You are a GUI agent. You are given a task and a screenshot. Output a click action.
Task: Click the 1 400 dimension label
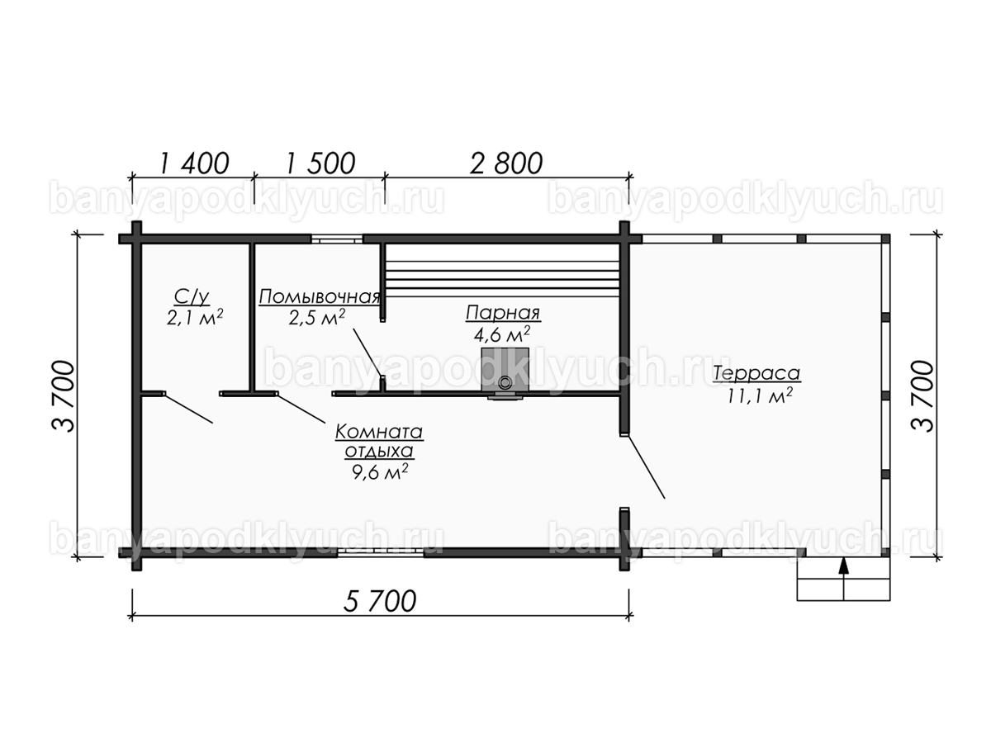194,163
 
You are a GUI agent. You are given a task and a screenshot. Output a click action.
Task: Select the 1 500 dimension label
320,163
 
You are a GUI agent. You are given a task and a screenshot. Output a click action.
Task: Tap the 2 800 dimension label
506,163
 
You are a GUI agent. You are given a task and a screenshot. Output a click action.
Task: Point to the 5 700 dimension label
380,601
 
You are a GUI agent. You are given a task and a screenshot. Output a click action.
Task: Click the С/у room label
192,297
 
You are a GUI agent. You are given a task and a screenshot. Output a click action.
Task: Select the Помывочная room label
320,297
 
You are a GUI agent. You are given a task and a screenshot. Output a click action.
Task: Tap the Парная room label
503,313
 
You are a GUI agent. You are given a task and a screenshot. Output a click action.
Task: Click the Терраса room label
756,373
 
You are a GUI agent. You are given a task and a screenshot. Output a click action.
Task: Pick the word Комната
379,432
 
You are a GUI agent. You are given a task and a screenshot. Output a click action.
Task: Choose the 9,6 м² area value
380,472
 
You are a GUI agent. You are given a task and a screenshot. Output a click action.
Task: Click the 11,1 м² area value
760,395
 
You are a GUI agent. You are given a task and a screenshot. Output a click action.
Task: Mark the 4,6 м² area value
501,334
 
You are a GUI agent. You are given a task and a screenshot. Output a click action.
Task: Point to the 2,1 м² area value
195,317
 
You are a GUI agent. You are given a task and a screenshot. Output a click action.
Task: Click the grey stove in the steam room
505,371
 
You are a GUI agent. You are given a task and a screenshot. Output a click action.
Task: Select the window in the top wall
337,239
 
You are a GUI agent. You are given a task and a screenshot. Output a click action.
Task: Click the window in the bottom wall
380,552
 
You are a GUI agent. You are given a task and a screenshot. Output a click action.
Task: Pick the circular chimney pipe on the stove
505,383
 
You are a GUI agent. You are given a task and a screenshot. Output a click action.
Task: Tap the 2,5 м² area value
317,317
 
